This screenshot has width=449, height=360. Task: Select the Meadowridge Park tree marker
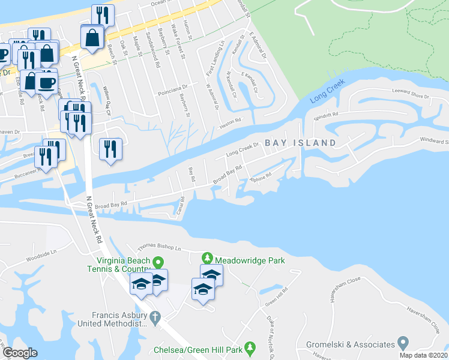[x=207, y=258]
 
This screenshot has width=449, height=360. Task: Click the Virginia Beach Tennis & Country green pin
[x=158, y=262]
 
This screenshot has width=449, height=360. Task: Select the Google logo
[x=20, y=352]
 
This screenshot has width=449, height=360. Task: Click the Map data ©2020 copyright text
[x=424, y=355]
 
